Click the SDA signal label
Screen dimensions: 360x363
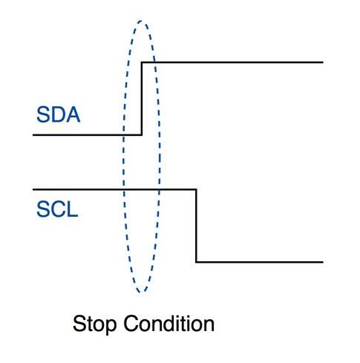59,114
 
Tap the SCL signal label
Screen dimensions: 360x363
57,209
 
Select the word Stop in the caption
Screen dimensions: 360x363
94,324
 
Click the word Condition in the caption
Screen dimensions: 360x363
169,323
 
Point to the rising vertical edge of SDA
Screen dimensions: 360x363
142,99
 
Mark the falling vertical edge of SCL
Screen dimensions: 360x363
196,226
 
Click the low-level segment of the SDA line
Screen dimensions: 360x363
87,135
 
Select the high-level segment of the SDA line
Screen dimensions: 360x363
232,62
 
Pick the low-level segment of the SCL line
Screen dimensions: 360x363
260,262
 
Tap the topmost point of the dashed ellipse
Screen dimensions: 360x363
141,21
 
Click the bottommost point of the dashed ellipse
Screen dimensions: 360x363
141,292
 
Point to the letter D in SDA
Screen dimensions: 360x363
58,114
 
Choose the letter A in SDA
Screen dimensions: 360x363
73,114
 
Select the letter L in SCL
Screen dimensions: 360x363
73,209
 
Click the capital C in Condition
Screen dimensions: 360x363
131,324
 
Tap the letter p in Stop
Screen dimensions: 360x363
111,327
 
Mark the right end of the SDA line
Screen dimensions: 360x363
323,62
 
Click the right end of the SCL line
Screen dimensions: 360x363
323,262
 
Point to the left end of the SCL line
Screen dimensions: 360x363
33,189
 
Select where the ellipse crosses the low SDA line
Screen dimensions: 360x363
123,135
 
